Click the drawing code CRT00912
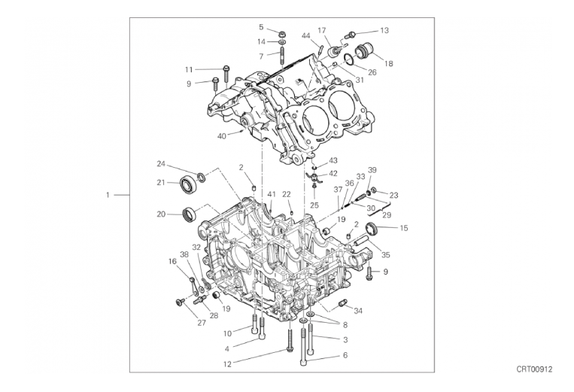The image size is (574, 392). point(534,369)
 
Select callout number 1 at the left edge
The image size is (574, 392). point(108,195)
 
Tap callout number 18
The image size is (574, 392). point(389,64)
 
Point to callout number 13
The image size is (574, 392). point(384,31)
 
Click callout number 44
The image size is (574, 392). point(306,35)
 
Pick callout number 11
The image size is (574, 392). point(190,69)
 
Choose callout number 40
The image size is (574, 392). point(221,136)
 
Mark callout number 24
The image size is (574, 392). point(161,163)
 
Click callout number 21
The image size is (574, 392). point(161,182)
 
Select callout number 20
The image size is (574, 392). point(161,214)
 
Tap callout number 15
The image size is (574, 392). point(403,227)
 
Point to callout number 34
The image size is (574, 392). point(358,310)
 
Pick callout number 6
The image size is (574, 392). point(345,355)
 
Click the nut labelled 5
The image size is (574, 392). point(281,34)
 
